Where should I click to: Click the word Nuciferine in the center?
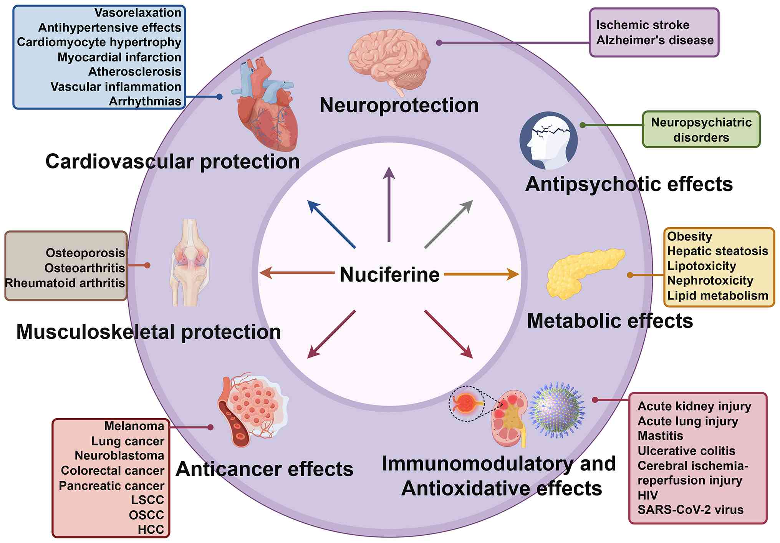pos(389,275)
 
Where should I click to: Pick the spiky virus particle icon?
pos(557,410)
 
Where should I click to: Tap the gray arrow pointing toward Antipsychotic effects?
pos(449,224)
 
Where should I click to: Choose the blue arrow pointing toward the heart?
pos(332,224)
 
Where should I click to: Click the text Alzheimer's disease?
pos(655,40)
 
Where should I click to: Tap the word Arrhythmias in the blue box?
pos(145,101)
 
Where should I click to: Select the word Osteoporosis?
pos(85,253)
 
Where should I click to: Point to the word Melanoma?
pos(134,426)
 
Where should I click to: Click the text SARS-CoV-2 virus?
pos(691,510)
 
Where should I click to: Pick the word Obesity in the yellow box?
pos(689,236)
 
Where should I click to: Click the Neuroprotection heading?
pos(399,105)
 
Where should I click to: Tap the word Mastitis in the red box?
pos(660,435)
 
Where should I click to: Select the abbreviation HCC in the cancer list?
pos(151,529)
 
